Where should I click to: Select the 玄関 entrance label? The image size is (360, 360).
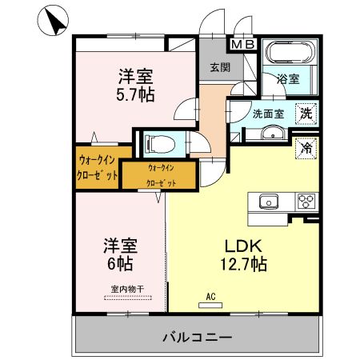pyautogui.click(x=220, y=68)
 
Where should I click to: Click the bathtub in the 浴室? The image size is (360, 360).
pyautogui.click(x=292, y=55)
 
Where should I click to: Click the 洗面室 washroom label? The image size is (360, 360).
pyautogui.click(x=268, y=114)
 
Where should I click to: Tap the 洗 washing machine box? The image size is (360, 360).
pyautogui.click(x=306, y=114)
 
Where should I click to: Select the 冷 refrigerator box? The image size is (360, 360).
pyautogui.click(x=306, y=147)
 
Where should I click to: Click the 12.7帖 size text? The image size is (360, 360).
pyautogui.click(x=240, y=263)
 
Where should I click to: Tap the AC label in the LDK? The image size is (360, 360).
pyautogui.click(x=211, y=296)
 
